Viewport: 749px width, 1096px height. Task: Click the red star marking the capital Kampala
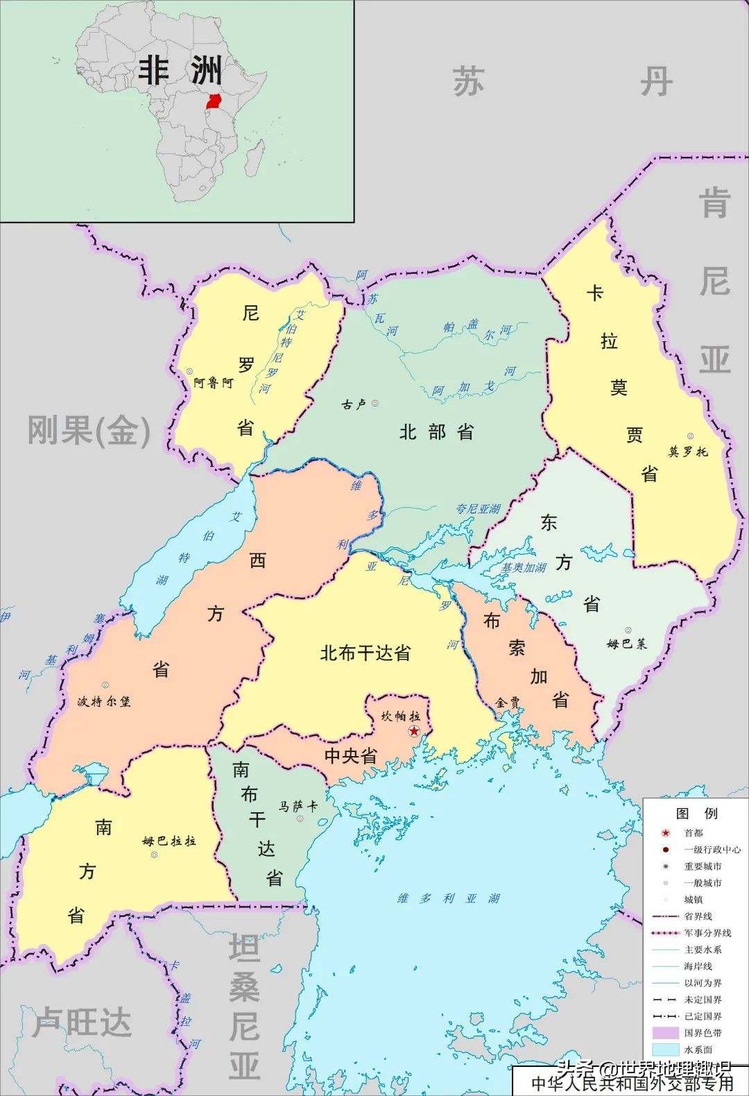tap(414, 731)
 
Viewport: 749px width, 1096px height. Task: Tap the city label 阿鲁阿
tap(213, 382)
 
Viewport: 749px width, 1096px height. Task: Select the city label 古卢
tap(354, 404)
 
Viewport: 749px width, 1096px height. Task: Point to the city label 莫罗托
tap(688, 452)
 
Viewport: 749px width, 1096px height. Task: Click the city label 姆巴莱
tap(626, 644)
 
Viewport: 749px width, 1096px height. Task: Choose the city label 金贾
tap(508, 703)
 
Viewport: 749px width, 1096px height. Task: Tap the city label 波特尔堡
tap(103, 701)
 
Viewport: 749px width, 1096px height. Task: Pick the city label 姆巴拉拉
tap(169, 841)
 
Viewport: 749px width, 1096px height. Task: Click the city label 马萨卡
tap(298, 806)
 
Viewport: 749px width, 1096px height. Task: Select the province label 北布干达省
tap(365, 653)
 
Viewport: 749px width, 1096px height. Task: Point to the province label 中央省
tap(351, 755)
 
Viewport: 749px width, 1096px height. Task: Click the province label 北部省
tap(436, 432)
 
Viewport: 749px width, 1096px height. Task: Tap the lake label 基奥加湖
tap(524, 567)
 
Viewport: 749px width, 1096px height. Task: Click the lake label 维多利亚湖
tap(448, 898)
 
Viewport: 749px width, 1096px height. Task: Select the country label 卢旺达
tap(82, 1022)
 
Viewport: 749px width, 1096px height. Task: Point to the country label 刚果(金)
tap(89, 431)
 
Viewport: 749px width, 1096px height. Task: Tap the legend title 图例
tap(696, 813)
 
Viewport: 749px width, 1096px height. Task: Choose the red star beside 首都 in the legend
tap(665, 832)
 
